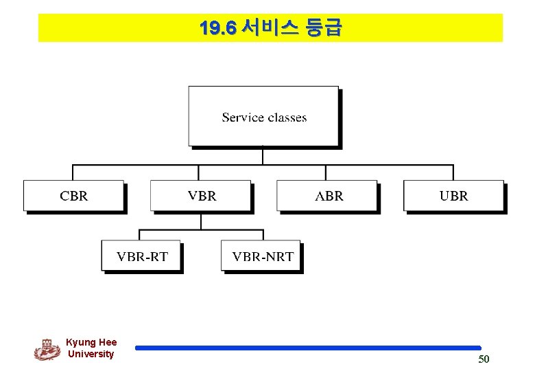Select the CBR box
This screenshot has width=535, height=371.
(73, 195)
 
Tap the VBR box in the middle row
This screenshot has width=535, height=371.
(201, 195)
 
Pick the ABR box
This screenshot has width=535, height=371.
(328, 195)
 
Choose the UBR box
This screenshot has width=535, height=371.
(453, 195)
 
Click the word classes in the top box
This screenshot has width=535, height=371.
(287, 117)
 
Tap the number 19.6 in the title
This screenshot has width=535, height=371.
(217, 28)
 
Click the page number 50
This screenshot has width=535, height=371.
(484, 359)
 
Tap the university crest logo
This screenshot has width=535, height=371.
(47, 349)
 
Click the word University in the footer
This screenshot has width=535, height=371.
(91, 354)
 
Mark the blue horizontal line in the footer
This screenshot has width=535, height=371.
(308, 348)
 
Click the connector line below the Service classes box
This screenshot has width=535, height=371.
(263, 156)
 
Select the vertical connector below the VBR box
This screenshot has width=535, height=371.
(201, 221)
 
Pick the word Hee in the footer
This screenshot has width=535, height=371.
(108, 342)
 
